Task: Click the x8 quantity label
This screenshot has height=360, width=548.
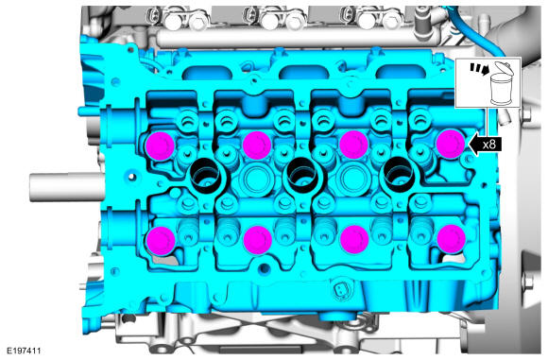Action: pyautogui.click(x=489, y=145)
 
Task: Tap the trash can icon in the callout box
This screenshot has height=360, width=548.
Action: pyautogui.click(x=501, y=83)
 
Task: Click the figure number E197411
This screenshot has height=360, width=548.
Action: pyautogui.click(x=24, y=351)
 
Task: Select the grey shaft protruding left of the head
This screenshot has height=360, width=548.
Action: pyautogui.click(x=67, y=187)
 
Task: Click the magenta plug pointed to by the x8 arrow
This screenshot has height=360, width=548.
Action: pyautogui.click(x=451, y=144)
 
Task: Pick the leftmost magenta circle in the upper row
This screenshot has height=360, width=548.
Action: pyautogui.click(x=160, y=146)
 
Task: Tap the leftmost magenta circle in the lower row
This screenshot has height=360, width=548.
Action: pyautogui.click(x=161, y=240)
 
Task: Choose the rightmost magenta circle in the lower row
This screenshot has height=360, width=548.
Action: pyautogui.click(x=452, y=239)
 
